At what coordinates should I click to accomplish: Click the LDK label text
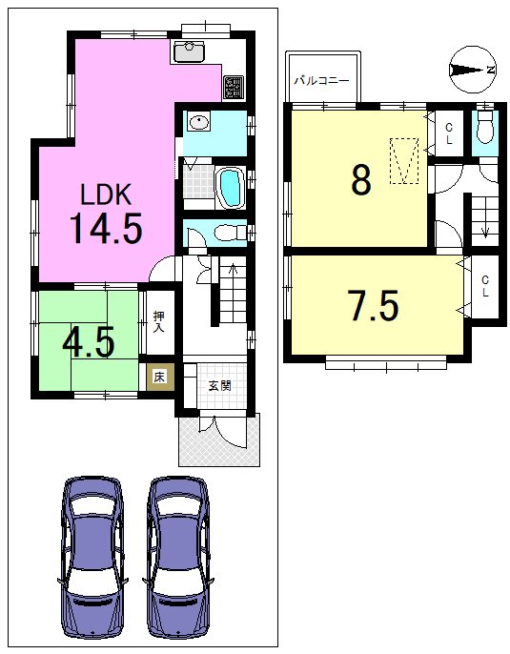(106, 194)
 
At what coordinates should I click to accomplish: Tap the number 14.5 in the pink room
(106, 228)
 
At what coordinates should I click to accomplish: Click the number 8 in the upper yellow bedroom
(361, 180)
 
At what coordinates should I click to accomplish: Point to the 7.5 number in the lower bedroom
(374, 305)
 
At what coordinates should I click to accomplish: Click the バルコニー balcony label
(321, 80)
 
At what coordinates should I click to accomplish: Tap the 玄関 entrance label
(219, 386)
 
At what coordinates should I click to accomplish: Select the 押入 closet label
(158, 322)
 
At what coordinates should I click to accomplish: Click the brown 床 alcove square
(160, 378)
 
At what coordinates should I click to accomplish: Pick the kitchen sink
(189, 52)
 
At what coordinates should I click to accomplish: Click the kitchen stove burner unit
(234, 87)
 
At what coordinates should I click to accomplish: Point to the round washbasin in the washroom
(199, 122)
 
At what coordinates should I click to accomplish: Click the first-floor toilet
(230, 233)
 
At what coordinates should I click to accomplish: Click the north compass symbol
(472, 70)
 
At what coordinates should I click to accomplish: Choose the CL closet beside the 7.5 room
(484, 286)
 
